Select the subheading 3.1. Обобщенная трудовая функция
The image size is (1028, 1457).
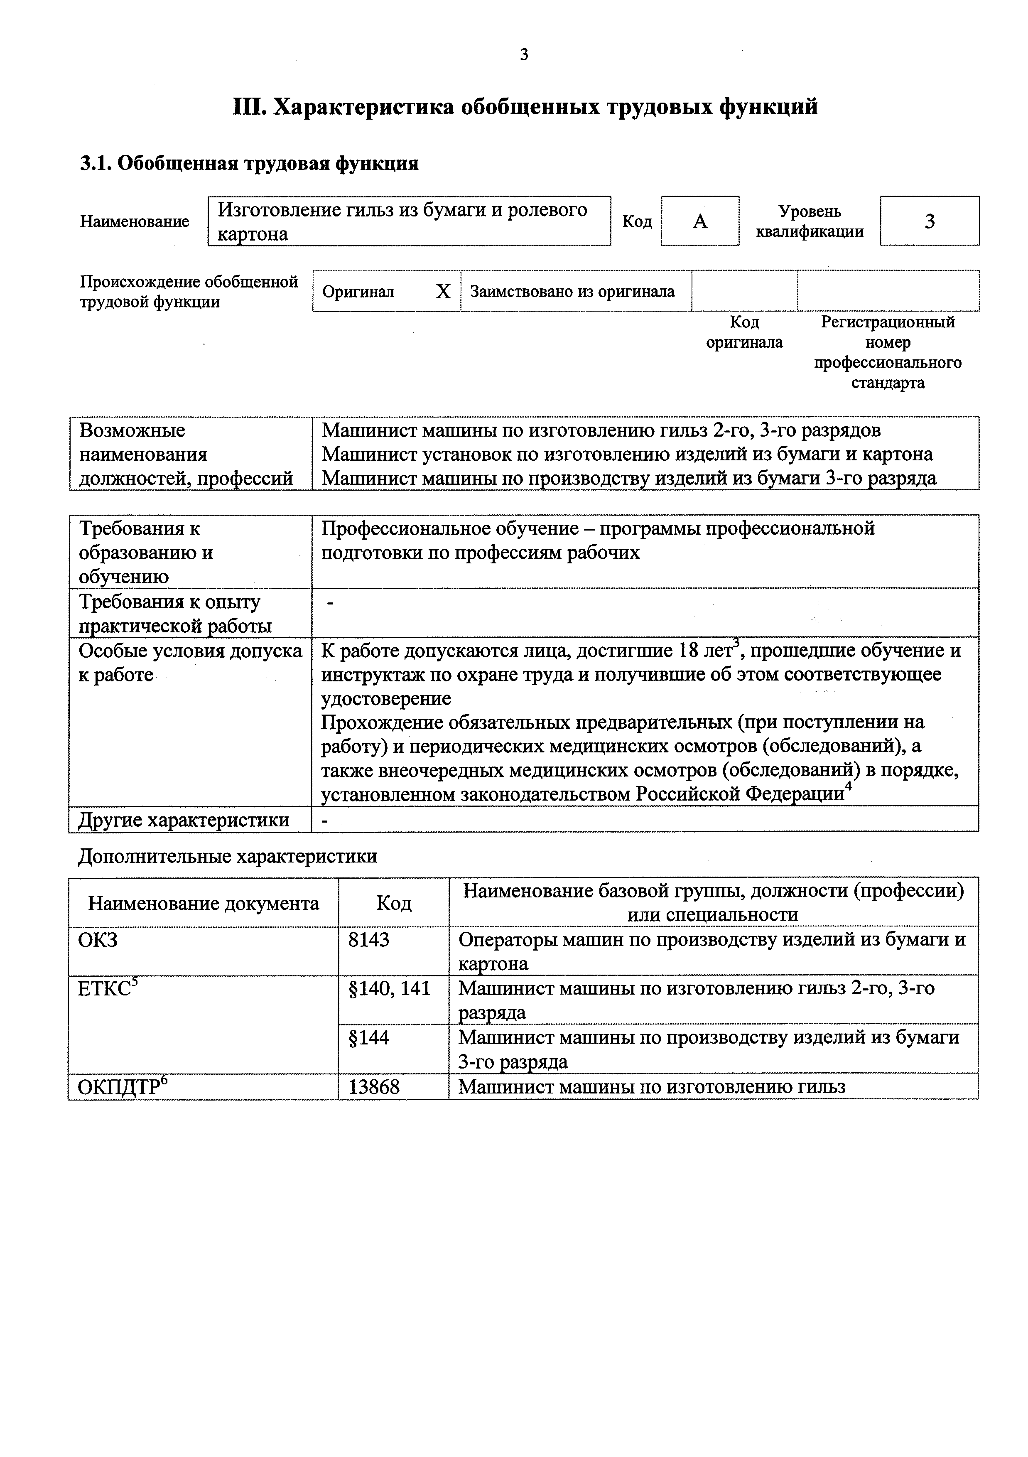pyautogui.click(x=249, y=164)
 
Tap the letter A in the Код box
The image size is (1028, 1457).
pyautogui.click(x=699, y=221)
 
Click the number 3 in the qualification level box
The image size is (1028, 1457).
pyautogui.click(x=929, y=221)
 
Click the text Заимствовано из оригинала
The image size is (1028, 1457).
pyautogui.click(x=572, y=292)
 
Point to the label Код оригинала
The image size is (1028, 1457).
pyautogui.click(x=744, y=332)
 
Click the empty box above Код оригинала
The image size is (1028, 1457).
pyautogui.click(x=744, y=291)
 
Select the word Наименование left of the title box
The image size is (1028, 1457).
pyautogui.click(x=135, y=221)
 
